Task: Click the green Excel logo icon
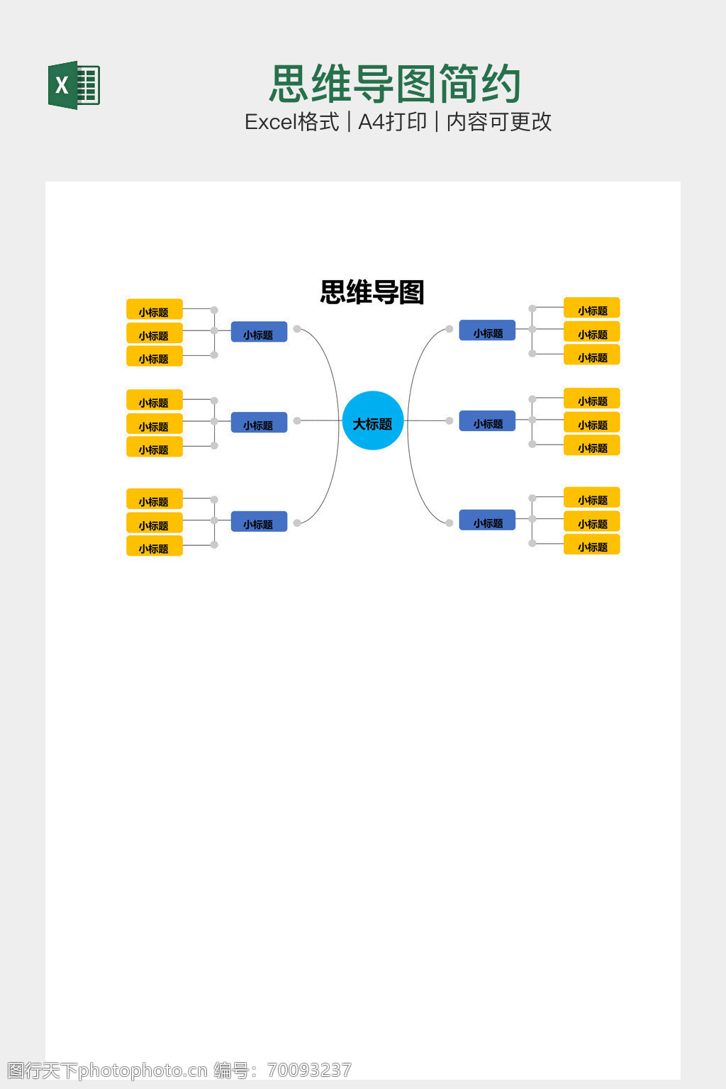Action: point(74,85)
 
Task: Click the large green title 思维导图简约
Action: point(395,84)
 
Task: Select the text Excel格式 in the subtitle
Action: point(291,122)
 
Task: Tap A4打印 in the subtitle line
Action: point(392,122)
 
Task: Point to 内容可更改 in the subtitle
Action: point(498,122)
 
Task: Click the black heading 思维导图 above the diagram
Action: point(372,292)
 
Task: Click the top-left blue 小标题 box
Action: point(259,333)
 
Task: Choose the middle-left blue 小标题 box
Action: point(259,423)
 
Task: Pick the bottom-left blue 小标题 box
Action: point(259,523)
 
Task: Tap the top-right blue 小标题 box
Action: point(487,331)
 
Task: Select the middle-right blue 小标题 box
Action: point(487,422)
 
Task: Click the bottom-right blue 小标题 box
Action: point(487,521)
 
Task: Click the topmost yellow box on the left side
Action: point(155,310)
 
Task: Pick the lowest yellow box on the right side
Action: point(592,545)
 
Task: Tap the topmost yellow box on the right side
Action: point(592,308)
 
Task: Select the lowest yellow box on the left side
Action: point(155,547)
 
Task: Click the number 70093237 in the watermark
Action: point(309,1071)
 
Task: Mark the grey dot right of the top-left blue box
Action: point(297,329)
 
